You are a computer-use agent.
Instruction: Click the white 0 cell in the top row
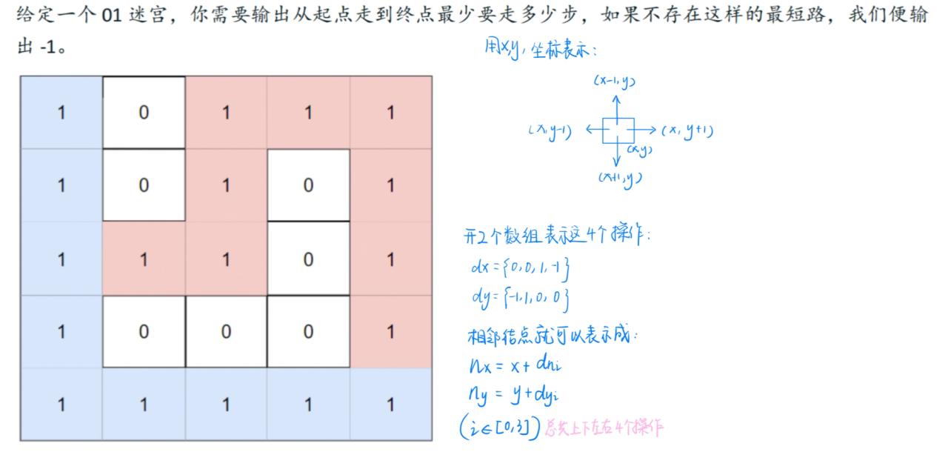tap(144, 113)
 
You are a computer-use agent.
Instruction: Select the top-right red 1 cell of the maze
tap(390, 113)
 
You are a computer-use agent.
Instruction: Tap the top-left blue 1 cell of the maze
tap(61, 113)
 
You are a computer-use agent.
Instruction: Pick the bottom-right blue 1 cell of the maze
tap(390, 405)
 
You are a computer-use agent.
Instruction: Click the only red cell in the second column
tap(144, 259)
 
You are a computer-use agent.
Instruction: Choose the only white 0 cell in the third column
tap(226, 331)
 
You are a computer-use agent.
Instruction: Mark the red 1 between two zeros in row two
tap(226, 185)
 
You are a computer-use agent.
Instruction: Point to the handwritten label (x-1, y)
tap(615, 81)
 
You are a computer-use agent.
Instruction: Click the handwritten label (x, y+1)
tap(688, 131)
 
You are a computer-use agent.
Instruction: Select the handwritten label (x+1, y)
tap(620, 178)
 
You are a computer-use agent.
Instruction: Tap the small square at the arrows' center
tap(618, 130)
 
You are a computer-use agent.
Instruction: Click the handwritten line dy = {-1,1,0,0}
tap(518, 299)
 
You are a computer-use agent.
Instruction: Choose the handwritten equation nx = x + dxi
tap(511, 365)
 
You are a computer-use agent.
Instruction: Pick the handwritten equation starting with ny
tap(510, 397)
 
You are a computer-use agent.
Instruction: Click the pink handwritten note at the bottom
tap(604, 428)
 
